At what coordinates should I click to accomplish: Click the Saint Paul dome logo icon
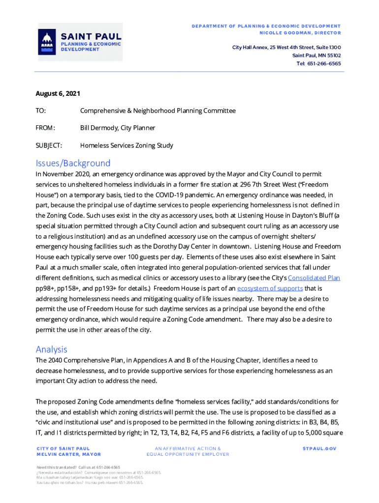pyautogui.click(x=47, y=42)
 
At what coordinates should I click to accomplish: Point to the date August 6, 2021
pyautogui.click(x=58, y=93)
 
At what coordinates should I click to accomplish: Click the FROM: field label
pyautogui.click(x=45, y=128)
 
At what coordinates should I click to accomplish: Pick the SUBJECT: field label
pyautogui.click(x=49, y=145)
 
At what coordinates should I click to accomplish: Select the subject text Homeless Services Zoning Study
pyautogui.click(x=126, y=145)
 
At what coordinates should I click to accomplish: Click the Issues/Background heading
pyautogui.click(x=73, y=163)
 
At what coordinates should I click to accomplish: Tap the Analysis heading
pyautogui.click(x=51, y=349)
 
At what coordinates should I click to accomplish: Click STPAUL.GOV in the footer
pyautogui.click(x=320, y=448)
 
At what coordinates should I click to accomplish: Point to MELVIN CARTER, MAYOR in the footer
pyautogui.click(x=68, y=454)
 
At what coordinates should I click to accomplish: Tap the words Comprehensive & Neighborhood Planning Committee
pyautogui.click(x=158, y=111)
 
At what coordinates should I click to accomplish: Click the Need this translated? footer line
pyautogui.click(x=78, y=467)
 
